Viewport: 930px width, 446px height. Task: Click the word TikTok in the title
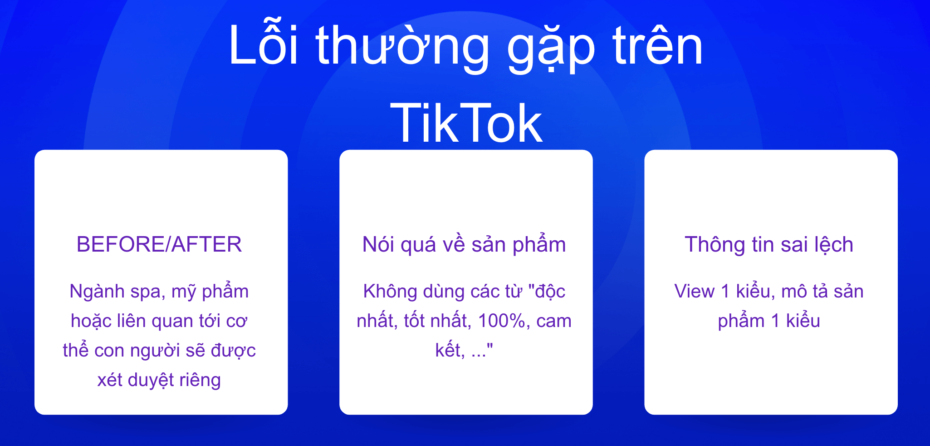(x=466, y=123)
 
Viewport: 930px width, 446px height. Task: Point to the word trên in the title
(x=657, y=45)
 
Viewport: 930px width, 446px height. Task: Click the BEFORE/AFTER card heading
(x=159, y=244)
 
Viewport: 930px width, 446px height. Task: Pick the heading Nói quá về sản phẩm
(x=464, y=244)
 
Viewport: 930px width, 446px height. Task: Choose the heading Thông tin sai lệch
(x=769, y=244)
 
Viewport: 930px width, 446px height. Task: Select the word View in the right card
(x=694, y=292)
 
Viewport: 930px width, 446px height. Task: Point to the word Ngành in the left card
(x=98, y=292)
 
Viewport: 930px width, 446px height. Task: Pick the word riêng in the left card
(x=197, y=380)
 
